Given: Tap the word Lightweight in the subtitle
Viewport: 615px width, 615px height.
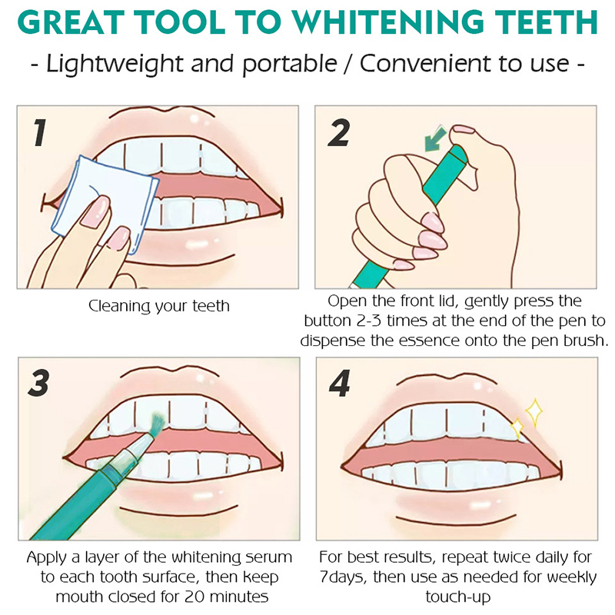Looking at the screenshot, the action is [115, 64].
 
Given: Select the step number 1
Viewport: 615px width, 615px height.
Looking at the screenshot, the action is [39, 133].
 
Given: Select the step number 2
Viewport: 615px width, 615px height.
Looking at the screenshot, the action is [338, 133].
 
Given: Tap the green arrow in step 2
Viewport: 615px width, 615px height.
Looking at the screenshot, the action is [435, 139].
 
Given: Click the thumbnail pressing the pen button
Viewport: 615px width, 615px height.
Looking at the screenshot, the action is [463, 129].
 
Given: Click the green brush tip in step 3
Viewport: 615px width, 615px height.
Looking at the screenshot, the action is [158, 423].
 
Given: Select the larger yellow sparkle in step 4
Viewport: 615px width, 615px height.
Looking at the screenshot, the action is [534, 412].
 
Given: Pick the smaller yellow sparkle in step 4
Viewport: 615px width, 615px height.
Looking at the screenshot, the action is [517, 427].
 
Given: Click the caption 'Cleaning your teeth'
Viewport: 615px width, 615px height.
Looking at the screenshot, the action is [159, 306].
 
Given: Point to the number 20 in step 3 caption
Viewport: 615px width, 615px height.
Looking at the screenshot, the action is [193, 597].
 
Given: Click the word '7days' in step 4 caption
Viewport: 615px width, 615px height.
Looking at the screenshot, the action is [343, 577].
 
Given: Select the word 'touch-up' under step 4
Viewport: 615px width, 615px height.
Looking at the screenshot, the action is [457, 597].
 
